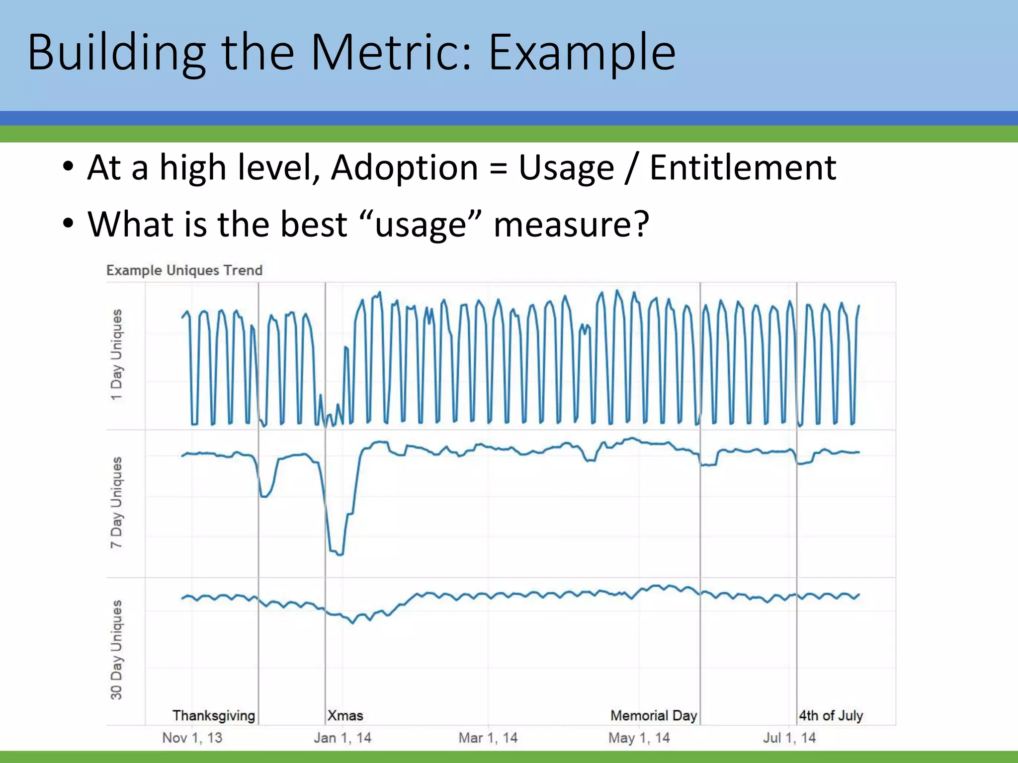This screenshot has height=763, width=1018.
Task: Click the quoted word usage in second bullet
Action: pos(421,225)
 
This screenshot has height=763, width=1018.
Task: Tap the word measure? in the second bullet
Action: pos(571,225)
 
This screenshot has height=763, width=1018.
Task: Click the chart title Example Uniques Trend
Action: pos(184,270)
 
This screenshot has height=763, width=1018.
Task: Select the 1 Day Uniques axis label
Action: pos(116,355)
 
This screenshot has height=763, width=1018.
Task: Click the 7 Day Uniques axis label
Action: pos(116,502)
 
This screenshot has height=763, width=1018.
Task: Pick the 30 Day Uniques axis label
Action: pos(116,650)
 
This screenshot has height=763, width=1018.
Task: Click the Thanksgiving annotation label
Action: pos(214,715)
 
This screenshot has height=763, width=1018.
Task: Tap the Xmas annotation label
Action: pos(345,715)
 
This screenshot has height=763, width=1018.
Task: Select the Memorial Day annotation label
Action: pos(654,715)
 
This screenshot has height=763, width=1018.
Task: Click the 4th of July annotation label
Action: pos(831,715)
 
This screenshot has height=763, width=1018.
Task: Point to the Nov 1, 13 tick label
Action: pos(192,738)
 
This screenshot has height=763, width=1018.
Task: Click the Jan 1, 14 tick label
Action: pos(342,738)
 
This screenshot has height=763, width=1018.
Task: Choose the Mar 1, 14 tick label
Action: pos(488,738)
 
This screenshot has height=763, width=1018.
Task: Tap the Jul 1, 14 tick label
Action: pos(789,738)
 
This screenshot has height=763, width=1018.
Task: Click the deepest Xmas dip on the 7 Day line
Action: pos(339,554)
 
